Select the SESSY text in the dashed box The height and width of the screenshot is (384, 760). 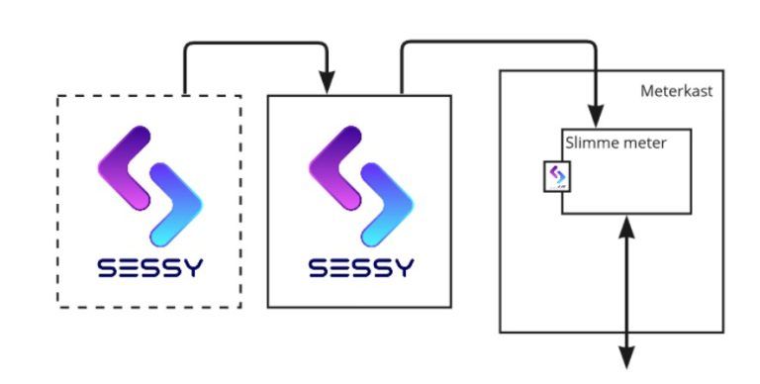pyautogui.click(x=149, y=267)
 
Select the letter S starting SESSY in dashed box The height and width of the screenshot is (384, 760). pyautogui.click(x=106, y=267)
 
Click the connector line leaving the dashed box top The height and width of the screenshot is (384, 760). pyautogui.click(x=186, y=69)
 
